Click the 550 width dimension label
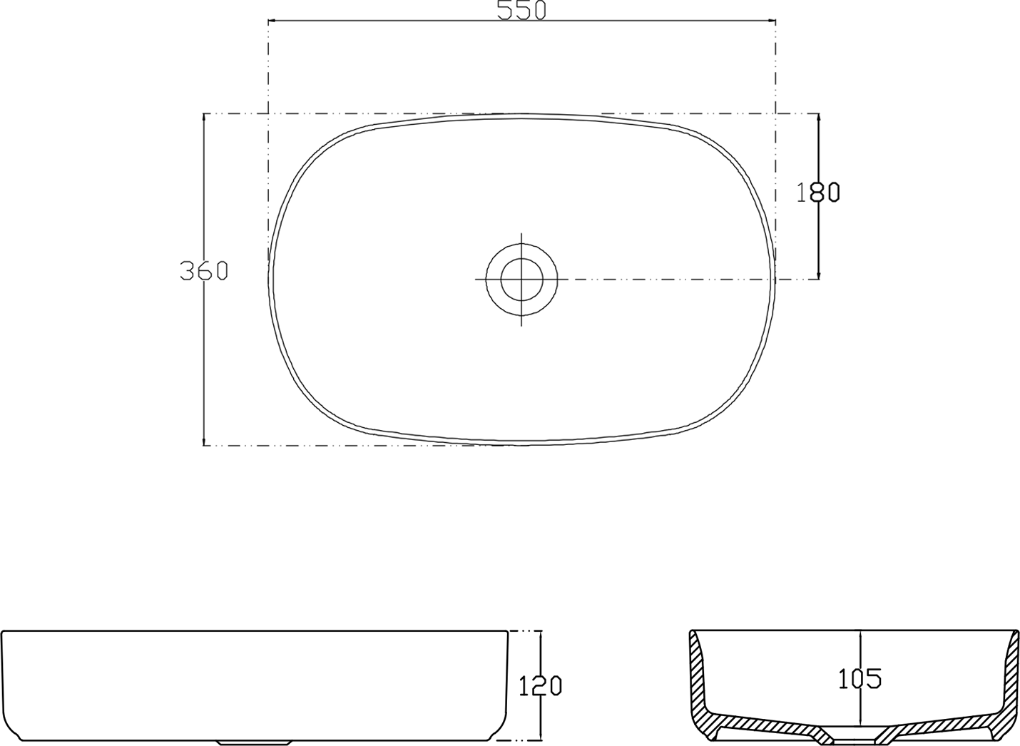point(521,11)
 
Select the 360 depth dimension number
point(203,270)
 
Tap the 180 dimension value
point(818,192)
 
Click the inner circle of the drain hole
point(521,280)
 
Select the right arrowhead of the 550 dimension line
point(771,21)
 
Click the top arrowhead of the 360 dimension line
point(203,118)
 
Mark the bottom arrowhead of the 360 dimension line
point(203,441)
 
